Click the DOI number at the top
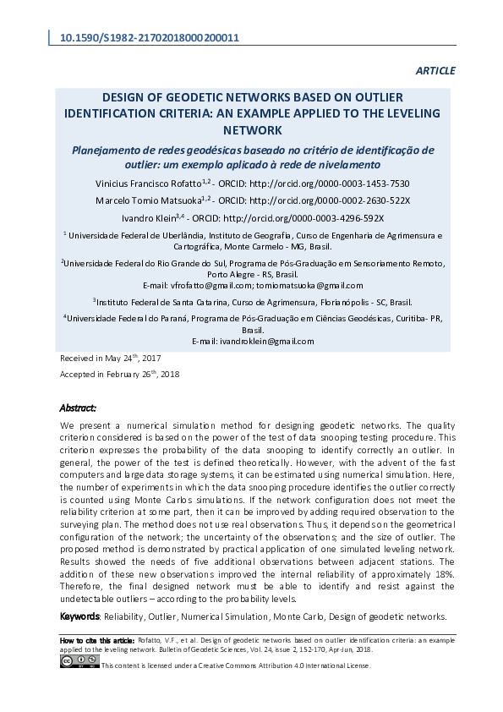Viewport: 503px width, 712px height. point(149,38)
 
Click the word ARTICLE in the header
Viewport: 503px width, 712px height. point(435,71)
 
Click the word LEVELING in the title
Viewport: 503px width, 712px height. point(375,113)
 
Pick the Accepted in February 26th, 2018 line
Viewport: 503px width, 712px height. point(119,374)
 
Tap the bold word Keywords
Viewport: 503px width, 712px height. point(80,616)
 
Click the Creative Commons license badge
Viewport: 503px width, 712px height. point(79,661)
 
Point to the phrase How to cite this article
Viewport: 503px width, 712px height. point(97,640)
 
